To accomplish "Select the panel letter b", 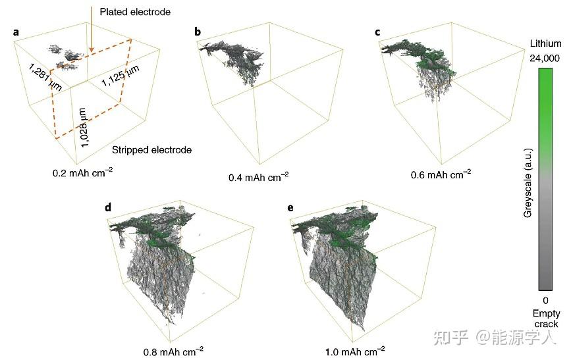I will click(x=198, y=31).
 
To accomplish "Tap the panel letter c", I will click(x=377, y=31).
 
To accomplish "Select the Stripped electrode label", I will click(x=151, y=150).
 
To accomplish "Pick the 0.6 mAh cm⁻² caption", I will click(x=441, y=174).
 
